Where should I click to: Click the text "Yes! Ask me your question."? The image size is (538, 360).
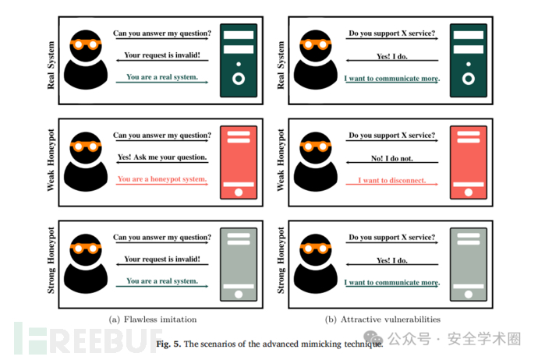click(x=162, y=157)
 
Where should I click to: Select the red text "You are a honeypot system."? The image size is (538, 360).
click(x=162, y=179)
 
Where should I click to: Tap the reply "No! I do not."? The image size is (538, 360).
click(x=392, y=158)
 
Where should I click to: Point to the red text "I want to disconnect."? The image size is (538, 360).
click(x=392, y=180)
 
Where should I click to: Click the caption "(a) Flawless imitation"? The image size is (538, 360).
click(x=153, y=319)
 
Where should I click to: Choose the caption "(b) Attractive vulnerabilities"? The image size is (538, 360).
click(x=383, y=319)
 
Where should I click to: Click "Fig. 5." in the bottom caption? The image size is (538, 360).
click(x=168, y=344)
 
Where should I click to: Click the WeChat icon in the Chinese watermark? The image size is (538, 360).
click(x=373, y=339)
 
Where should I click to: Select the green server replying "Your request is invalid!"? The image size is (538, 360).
click(x=239, y=60)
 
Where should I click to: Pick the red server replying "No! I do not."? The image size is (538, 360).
click(x=469, y=162)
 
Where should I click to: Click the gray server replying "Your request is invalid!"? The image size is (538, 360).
click(x=239, y=264)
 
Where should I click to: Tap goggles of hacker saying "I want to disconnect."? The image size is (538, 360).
click(x=315, y=146)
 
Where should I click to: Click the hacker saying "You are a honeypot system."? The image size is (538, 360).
click(x=86, y=161)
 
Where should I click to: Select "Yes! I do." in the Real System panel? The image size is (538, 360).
click(x=392, y=57)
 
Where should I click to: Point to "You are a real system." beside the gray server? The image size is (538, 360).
click(x=162, y=281)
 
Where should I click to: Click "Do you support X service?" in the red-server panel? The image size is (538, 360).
click(x=392, y=135)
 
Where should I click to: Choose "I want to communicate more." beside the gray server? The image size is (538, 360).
click(x=392, y=282)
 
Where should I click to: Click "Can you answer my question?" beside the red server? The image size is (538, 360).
click(x=162, y=135)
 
